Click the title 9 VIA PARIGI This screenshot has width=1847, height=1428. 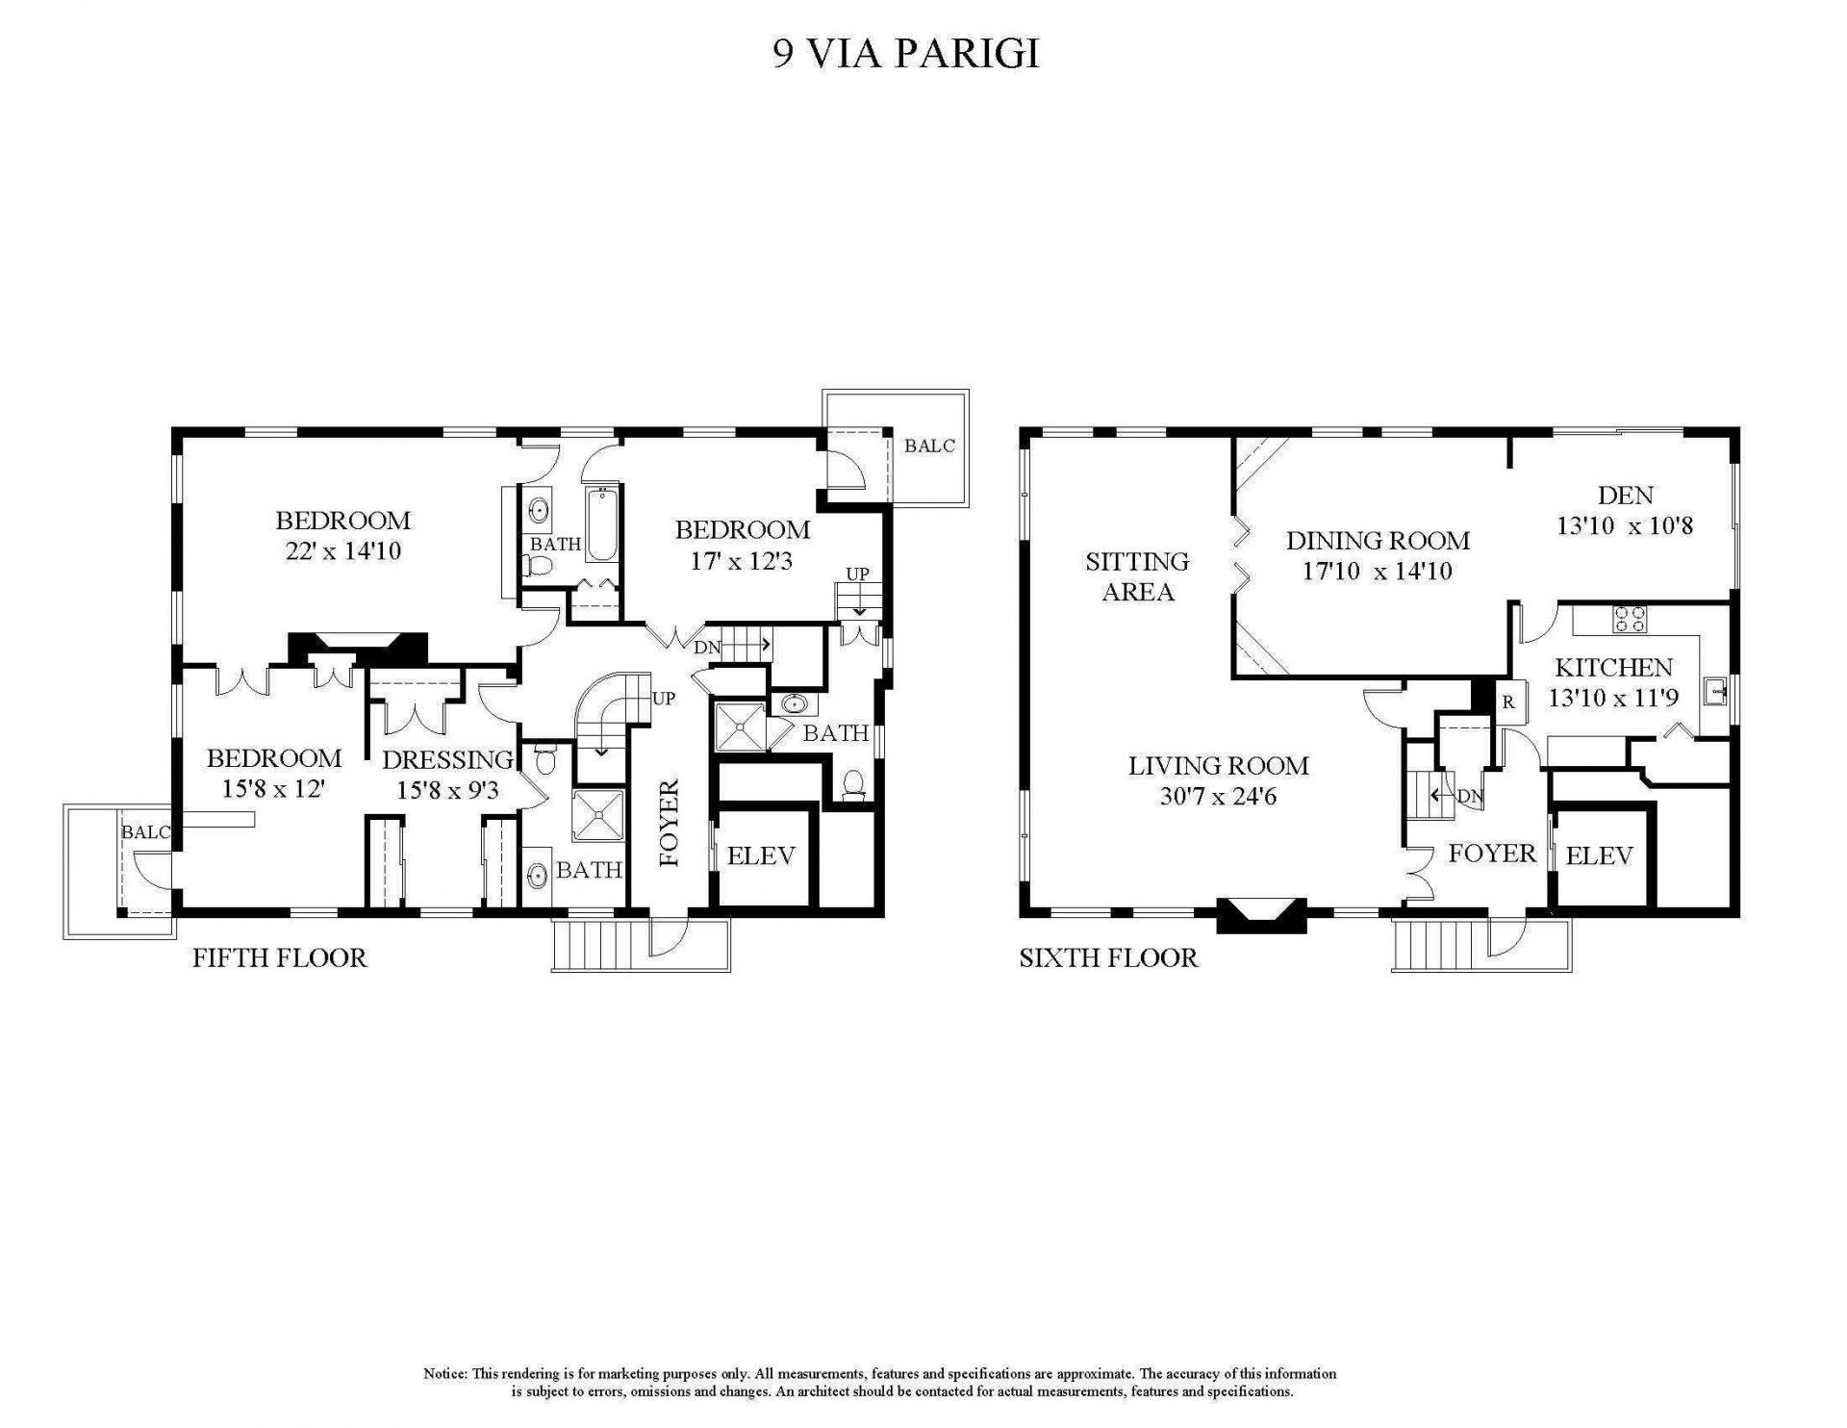[906, 55]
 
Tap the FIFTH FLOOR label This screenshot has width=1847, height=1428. [279, 957]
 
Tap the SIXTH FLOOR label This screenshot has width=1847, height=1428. [1108, 957]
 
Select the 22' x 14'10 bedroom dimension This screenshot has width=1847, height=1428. [342, 552]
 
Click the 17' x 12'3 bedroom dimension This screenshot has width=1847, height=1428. [741, 561]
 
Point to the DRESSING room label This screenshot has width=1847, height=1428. [446, 760]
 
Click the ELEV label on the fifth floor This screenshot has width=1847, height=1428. [761, 855]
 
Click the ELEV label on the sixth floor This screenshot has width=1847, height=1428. [1599, 855]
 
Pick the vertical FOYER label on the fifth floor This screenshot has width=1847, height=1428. [670, 823]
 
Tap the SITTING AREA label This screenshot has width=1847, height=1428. [1137, 575]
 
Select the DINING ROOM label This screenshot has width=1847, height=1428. [1378, 541]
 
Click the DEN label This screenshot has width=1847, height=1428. [1625, 496]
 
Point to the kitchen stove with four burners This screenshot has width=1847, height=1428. [1630, 619]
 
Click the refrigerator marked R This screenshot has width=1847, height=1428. [1508, 701]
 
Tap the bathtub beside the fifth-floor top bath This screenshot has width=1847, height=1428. [602, 525]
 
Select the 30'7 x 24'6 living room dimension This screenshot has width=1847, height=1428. [1218, 797]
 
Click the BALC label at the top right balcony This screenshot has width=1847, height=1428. [929, 446]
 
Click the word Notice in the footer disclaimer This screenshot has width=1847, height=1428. [445, 1373]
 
